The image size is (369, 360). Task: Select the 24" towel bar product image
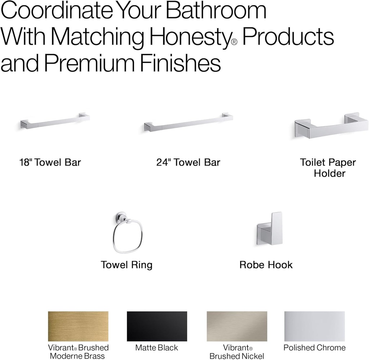188,122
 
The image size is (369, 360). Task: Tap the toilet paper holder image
331,126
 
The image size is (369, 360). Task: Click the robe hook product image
270,229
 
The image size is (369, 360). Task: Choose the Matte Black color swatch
157,326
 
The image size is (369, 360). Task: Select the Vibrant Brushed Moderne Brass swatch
78,326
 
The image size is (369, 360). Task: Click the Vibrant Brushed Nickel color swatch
237,326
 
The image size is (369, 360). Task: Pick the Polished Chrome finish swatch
314,326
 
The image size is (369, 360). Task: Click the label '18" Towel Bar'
50,162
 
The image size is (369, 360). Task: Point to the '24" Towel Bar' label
188,162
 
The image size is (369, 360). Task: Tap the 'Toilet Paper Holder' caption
328,167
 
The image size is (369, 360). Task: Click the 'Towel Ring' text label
126,265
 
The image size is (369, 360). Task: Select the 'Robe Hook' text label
266,265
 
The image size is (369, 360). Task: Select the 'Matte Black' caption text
157,348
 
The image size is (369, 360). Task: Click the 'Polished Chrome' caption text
314,348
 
